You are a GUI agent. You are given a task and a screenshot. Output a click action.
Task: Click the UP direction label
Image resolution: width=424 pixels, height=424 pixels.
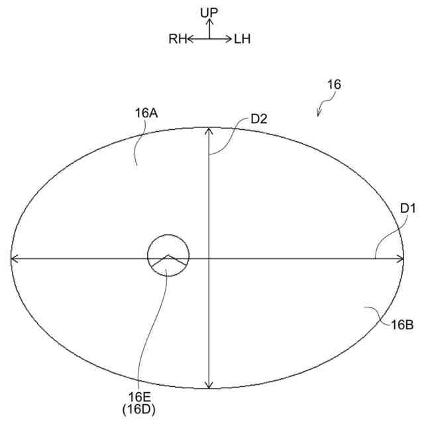pos(209,13)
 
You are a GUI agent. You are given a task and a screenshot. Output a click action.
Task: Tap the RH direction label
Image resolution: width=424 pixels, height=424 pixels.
pos(178,39)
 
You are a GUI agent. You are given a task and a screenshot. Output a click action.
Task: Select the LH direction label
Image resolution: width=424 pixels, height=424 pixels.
pos(242,39)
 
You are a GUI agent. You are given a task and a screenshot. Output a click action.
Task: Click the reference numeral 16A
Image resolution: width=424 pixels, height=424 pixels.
pos(146,113)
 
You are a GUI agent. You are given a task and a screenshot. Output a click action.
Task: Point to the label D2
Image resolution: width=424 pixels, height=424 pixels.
pos(259,119)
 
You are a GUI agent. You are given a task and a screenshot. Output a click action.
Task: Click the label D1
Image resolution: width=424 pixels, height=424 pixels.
pos(408,208)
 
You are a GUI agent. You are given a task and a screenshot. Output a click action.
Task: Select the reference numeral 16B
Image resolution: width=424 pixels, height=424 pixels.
pos(402,325)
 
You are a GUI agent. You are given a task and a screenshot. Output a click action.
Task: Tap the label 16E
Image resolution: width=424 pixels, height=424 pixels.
pos(139,397)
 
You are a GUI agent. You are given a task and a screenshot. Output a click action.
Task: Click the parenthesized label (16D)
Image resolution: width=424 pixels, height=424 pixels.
pos(138,409)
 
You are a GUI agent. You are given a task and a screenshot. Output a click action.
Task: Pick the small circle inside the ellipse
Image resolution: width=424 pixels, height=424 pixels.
pos(168,235)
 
